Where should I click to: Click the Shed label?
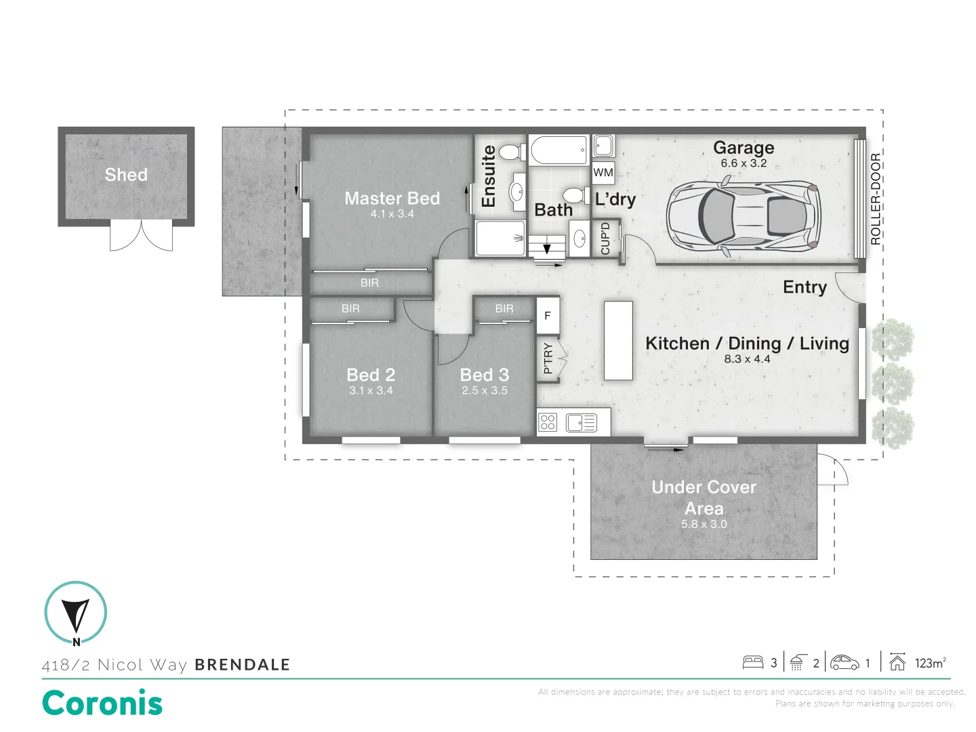pos(126,175)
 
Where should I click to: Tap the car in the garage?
pos(744,218)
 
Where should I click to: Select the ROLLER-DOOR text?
pos(875,199)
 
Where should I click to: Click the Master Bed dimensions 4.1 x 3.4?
pos(392,214)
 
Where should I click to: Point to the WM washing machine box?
pos(603,172)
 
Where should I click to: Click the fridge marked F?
pos(548,316)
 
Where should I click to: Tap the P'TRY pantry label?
pos(548,359)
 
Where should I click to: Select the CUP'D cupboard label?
pos(605,239)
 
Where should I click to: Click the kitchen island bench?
pos(617,340)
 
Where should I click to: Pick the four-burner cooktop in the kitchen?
pos(548,423)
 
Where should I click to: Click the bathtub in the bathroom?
pos(558,150)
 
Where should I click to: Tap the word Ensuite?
pos(489,176)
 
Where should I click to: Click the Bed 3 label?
pos(484,375)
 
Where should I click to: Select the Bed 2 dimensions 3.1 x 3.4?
pos(371,390)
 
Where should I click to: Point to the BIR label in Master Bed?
pos(369,283)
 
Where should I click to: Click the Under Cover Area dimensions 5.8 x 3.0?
pos(704,524)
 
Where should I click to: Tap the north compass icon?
pos(75,613)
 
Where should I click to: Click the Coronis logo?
pos(102,703)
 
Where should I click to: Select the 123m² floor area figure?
pos(929,663)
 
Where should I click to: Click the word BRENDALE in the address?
pos(242,665)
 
